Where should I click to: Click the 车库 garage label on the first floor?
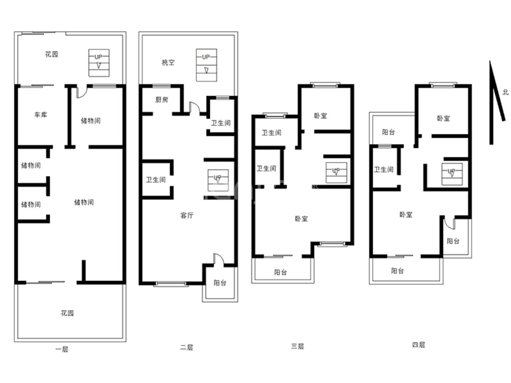click(x=41, y=115)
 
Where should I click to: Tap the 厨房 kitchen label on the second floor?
click(x=161, y=100)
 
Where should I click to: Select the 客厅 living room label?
click(x=187, y=215)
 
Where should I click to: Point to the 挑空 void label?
click(x=168, y=62)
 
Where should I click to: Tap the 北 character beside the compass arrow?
click(x=505, y=92)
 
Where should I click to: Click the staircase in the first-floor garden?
click(x=99, y=63)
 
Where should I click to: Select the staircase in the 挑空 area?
click(x=207, y=65)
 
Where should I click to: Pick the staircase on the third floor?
click(x=336, y=173)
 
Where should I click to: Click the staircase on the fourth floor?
click(x=452, y=174)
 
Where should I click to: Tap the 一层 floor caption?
click(x=62, y=349)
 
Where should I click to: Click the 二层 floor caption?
click(x=186, y=348)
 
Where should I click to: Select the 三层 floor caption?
click(x=297, y=346)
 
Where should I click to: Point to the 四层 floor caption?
click(x=418, y=345)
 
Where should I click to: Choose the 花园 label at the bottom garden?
click(x=67, y=313)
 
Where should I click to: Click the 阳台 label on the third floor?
click(x=281, y=272)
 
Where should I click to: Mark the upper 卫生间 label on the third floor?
click(x=271, y=133)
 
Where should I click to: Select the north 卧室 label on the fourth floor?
click(x=444, y=118)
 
